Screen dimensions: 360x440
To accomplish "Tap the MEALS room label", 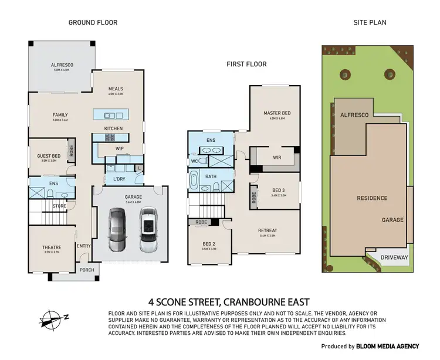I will pos(115,89).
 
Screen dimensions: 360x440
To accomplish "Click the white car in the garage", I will pos(148,229).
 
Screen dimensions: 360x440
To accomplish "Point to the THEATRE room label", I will pos(52,248).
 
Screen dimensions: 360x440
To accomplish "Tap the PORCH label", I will pos(86,270).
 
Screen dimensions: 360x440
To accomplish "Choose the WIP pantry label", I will pos(119,149).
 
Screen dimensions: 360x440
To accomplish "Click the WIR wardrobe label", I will pos(278,157).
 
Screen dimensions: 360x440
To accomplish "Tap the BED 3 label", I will pos(279,191).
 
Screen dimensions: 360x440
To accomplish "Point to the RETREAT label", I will pos(268,230).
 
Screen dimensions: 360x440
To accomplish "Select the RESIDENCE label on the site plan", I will pos(372,198).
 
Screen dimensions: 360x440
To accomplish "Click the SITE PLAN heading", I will pos(370,23).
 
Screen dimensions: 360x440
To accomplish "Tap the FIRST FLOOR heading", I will pos(246,64).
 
